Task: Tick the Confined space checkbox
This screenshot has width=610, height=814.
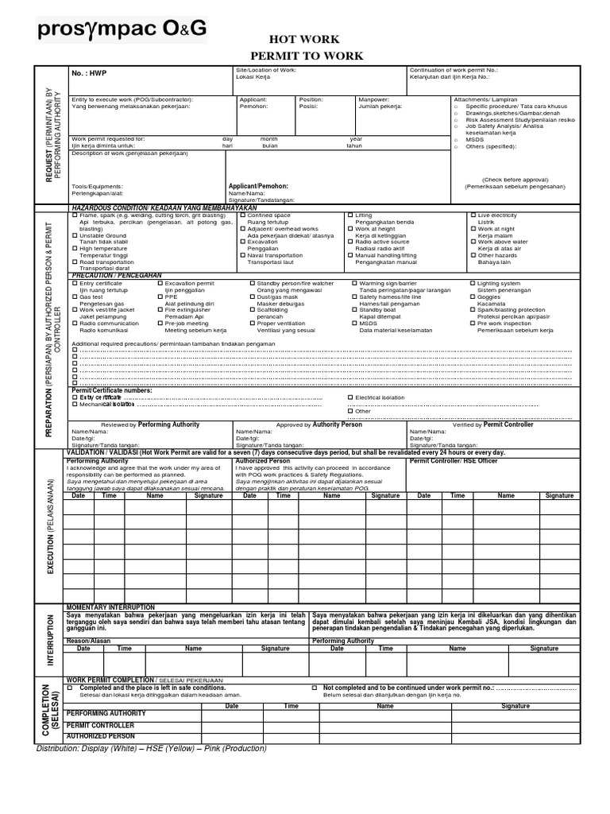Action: point(243,215)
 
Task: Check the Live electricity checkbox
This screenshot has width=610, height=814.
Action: point(473,215)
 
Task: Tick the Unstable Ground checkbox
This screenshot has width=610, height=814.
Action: point(75,236)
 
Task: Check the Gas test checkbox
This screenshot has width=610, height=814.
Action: point(75,297)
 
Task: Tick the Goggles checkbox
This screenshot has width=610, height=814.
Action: point(473,297)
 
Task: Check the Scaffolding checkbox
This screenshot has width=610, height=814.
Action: point(253,311)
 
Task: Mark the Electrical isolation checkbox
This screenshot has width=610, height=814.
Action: point(350,397)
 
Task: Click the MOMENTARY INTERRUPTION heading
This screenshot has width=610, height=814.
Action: point(110,607)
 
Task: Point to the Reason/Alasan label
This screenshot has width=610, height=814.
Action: point(88,640)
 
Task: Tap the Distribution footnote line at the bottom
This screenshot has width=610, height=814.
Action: point(151,748)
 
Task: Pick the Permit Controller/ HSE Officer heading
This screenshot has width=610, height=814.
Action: point(453,460)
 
